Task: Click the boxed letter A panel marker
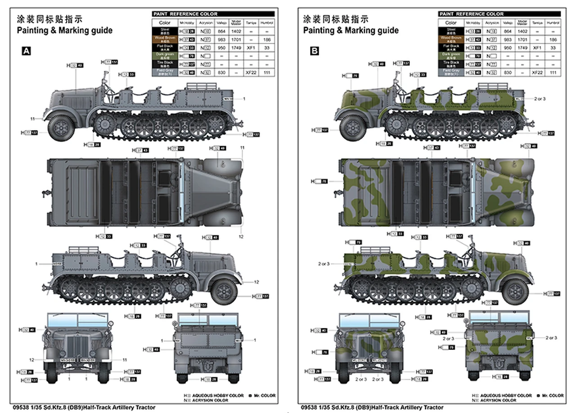[27, 51]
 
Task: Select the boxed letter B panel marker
[314, 51]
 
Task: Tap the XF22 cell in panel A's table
[251, 72]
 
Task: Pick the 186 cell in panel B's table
[553, 39]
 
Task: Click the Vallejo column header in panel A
[221, 22]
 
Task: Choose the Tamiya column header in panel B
[537, 22]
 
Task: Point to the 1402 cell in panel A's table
[236, 31]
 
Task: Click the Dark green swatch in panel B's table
[451, 56]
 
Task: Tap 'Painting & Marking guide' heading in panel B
[351, 30]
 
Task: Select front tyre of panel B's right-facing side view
[515, 291]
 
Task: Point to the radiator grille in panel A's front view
[76, 346]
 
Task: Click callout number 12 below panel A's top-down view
[241, 237]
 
